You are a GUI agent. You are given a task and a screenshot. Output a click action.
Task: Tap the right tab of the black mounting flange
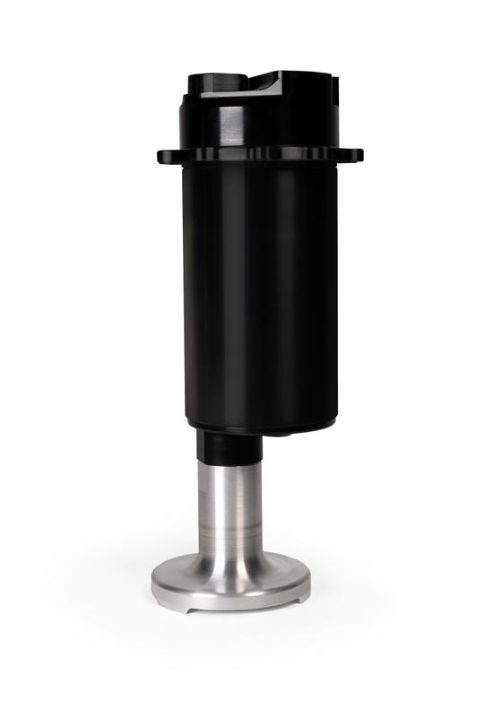coord(356,154)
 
